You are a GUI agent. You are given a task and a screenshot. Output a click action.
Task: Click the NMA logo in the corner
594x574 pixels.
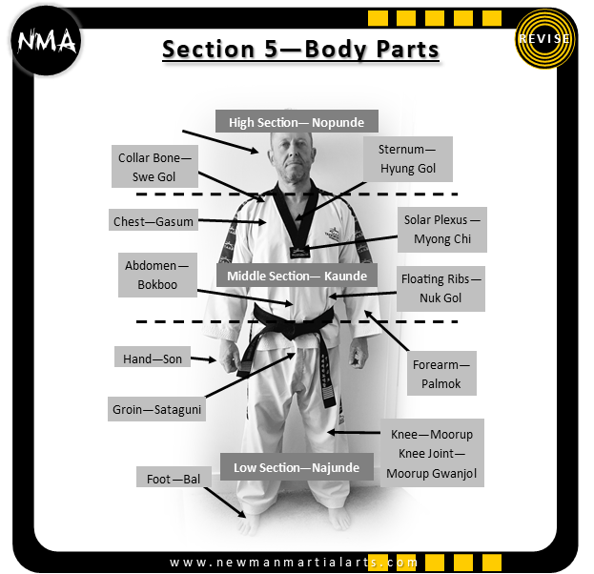point(46,41)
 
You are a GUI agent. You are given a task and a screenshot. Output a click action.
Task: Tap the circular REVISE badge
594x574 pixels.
point(545,39)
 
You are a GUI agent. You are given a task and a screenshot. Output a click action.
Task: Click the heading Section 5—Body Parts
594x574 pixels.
point(300,49)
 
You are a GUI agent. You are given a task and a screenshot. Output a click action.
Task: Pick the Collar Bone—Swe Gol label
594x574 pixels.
point(154,167)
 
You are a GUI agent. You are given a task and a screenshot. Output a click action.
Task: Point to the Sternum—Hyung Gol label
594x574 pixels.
point(407,158)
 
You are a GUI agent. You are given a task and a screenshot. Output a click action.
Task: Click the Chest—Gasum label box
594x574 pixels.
point(153,221)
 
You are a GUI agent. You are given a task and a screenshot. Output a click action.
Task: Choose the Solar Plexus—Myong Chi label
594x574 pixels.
point(441,229)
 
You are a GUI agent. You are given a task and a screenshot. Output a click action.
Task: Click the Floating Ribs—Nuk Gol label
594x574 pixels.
point(441,288)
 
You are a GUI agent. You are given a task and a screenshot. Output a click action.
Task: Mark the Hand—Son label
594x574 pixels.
point(152,359)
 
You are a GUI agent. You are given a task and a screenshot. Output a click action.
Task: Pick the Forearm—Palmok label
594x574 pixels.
point(440,374)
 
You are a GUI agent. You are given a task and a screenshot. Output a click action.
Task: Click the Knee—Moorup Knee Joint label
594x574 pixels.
point(431,453)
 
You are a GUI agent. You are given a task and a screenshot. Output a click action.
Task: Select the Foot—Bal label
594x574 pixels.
point(173,478)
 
